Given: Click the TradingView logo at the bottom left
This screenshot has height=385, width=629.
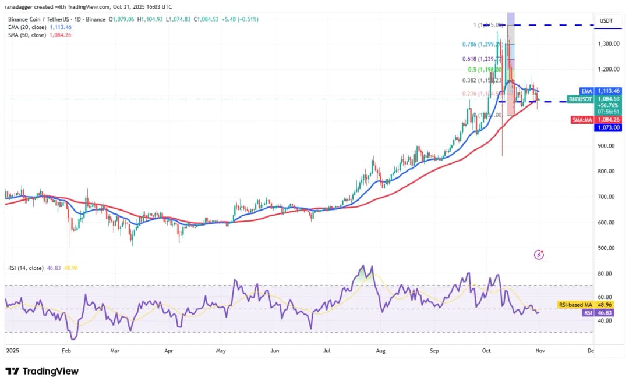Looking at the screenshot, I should point(42,371).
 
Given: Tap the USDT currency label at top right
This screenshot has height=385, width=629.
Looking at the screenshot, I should point(606,21).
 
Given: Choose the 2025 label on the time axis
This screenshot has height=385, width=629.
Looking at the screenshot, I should point(12,351).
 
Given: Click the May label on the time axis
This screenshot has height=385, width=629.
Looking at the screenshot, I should point(221,351).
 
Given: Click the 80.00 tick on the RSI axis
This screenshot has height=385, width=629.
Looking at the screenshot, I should point(605,273).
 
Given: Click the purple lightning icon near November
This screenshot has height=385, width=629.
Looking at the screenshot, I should point(539,255).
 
